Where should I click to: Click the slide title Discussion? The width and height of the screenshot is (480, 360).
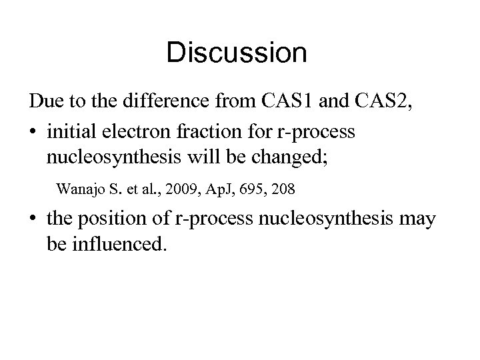point(237,53)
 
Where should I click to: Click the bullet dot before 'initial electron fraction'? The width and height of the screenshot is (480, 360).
point(33,132)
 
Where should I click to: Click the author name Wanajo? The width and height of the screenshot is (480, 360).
point(79,189)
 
